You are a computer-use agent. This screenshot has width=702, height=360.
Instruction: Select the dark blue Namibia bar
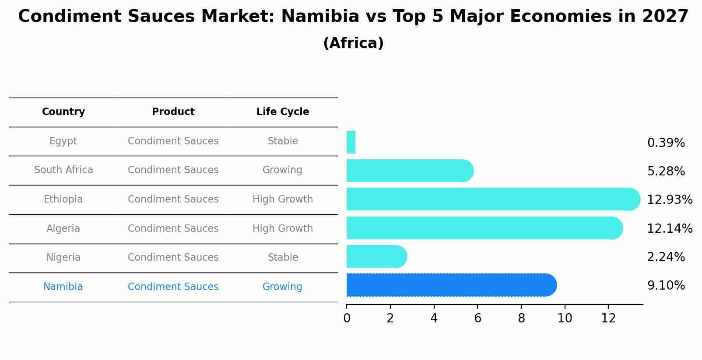point(451,285)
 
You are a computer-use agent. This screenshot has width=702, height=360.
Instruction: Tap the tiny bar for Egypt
point(351,142)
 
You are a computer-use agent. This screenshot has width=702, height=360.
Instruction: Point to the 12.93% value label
point(669,200)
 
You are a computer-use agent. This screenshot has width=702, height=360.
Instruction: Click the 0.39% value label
point(666,143)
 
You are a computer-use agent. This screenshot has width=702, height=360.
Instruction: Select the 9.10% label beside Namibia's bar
point(666,286)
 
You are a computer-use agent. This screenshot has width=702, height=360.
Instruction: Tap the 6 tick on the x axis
point(477,318)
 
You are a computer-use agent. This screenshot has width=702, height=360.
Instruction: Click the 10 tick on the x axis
point(565,318)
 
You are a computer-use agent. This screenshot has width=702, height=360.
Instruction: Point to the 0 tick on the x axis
point(347,318)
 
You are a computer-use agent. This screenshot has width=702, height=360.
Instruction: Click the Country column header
point(63,112)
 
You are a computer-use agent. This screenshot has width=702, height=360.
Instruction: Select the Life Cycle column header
point(283,112)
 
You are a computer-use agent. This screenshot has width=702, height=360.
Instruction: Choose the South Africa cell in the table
point(63,170)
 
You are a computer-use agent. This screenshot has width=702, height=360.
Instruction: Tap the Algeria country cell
point(63,228)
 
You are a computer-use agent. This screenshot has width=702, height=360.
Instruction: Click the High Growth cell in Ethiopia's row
point(283,199)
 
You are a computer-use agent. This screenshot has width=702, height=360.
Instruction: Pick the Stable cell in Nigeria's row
point(283,258)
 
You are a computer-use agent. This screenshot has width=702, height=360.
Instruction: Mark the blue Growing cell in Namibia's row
point(282,287)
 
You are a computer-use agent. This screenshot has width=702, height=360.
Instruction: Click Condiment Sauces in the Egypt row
point(173,141)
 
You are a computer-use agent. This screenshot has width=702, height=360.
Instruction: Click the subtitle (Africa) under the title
point(353,43)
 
